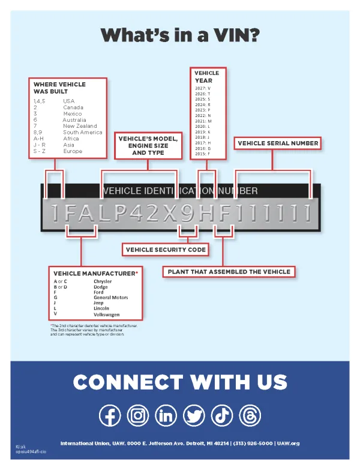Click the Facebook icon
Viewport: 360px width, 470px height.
(110, 415)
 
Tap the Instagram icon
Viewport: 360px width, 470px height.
(139, 415)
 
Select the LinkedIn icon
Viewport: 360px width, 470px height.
(166, 415)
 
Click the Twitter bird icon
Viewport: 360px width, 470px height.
(193, 415)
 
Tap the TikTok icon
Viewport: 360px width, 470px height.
(221, 415)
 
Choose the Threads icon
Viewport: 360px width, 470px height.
(248, 415)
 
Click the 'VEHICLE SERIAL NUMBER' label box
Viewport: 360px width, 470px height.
(278, 143)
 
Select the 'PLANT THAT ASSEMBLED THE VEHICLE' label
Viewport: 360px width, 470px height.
(229, 271)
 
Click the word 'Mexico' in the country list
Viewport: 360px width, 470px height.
(73, 113)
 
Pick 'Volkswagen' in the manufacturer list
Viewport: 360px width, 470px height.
(107, 314)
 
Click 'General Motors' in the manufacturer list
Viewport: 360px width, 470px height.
(111, 297)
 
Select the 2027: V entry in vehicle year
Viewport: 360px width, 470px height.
(203, 88)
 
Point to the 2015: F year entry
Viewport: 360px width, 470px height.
(203, 154)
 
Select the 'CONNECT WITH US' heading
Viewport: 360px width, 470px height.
(180, 382)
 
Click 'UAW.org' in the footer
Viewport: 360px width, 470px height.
(288, 443)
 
